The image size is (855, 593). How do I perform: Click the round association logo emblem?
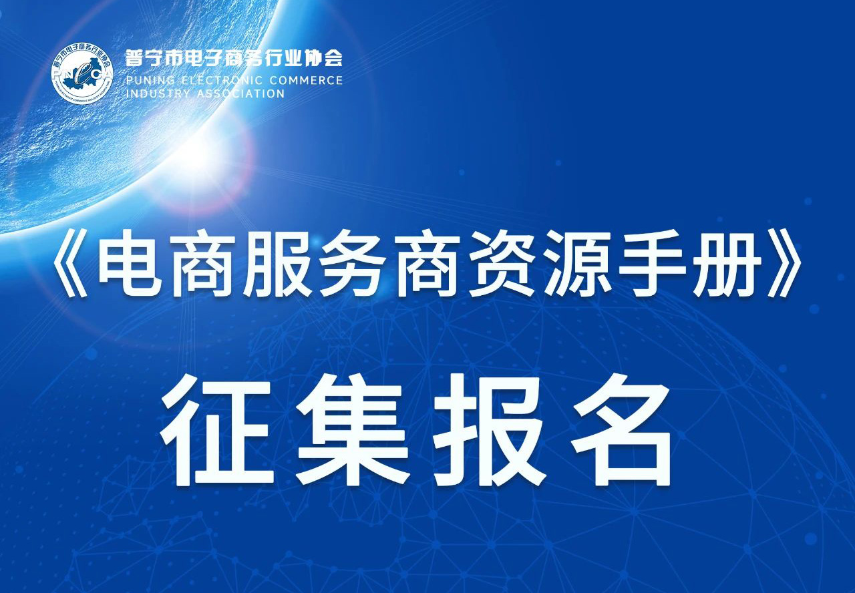pyautogui.click(x=82, y=73)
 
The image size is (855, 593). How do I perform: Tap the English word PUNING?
pyautogui.click(x=150, y=81)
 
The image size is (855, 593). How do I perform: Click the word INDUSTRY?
pyautogui.click(x=158, y=94)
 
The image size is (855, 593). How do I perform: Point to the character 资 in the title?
pyautogui.click(x=502, y=263)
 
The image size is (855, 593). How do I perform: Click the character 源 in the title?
pyautogui.click(x=577, y=263)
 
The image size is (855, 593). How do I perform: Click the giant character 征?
pyautogui.click(x=218, y=429)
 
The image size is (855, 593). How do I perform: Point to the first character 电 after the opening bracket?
pyautogui.click(x=129, y=263)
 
